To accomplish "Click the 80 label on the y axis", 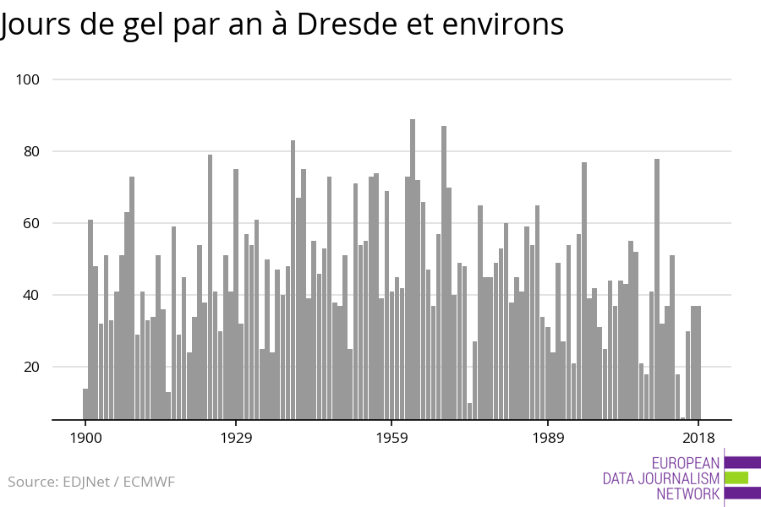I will (31, 151).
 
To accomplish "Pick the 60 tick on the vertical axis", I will (31, 223).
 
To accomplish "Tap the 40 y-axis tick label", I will (31, 295).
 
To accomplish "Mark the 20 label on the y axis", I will (31, 367).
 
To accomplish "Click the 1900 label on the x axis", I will (85, 438).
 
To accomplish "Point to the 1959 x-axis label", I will (391, 438).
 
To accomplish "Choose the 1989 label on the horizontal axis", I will (548, 438).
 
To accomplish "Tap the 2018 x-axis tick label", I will (698, 438).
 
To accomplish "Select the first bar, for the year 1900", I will (85, 404).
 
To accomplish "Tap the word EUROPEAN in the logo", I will (686, 463).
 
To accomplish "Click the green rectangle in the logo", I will (736, 477).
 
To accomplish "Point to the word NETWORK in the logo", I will (687, 494).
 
